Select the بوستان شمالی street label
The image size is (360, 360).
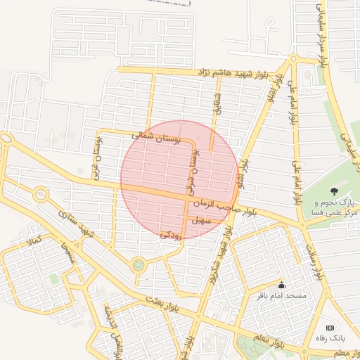tap(157, 137)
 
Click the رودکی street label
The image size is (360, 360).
tap(171, 236)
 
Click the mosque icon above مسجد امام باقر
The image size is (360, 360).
tap(282, 285)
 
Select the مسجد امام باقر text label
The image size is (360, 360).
tap(282, 297)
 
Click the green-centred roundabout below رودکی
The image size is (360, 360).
tap(138, 265)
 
